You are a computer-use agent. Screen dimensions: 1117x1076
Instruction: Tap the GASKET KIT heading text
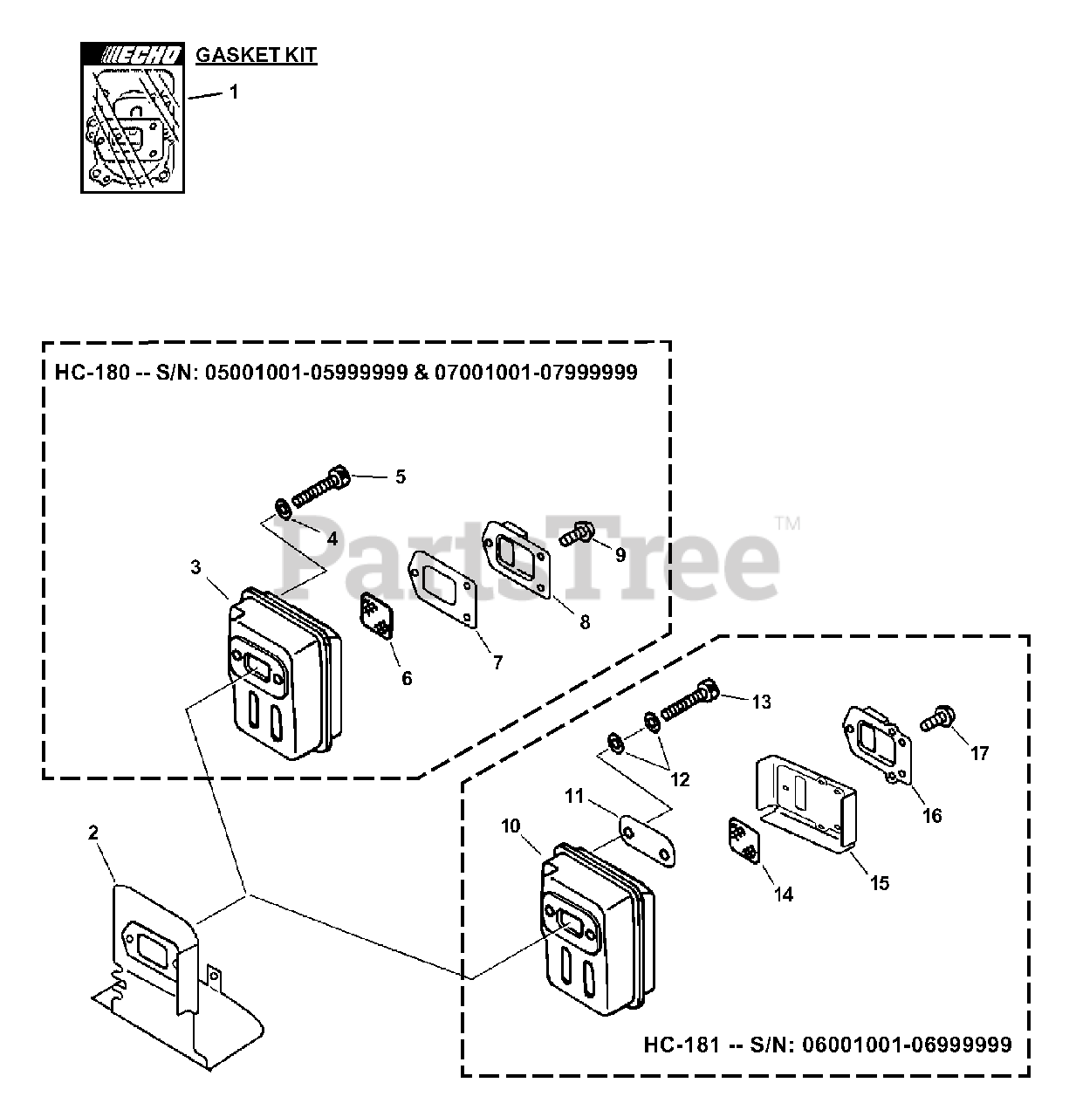(256, 56)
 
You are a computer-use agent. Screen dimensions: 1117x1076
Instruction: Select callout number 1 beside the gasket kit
(233, 91)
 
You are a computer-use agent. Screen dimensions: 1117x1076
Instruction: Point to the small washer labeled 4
(282, 507)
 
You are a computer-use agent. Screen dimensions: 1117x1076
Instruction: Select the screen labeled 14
(744, 839)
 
